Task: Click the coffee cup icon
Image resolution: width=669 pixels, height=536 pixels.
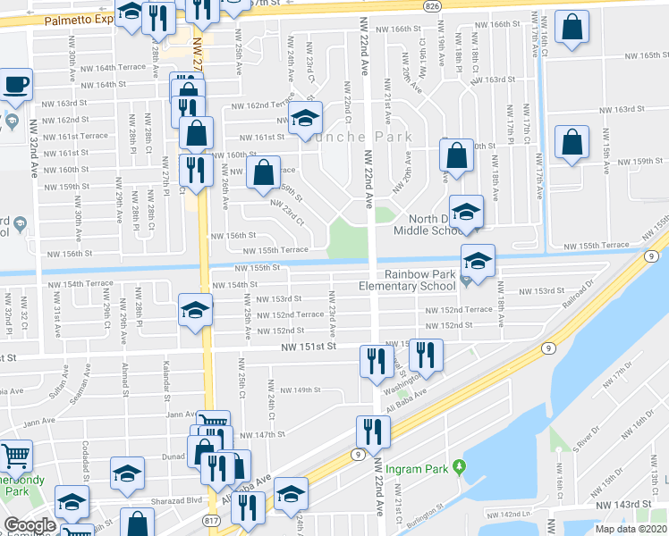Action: pyautogui.click(x=17, y=86)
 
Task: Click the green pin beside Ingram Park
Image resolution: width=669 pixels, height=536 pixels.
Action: pyautogui.click(x=460, y=466)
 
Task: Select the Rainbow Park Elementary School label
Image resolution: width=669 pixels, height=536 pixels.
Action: pyautogui.click(x=413, y=281)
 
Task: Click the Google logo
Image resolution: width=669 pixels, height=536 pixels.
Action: pyautogui.click(x=30, y=525)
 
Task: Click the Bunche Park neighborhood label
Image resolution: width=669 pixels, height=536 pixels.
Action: pyautogui.click(x=362, y=137)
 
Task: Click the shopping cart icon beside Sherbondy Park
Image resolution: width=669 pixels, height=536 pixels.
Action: pyautogui.click(x=16, y=456)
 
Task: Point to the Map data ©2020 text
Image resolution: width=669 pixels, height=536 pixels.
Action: pyautogui.click(x=631, y=529)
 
